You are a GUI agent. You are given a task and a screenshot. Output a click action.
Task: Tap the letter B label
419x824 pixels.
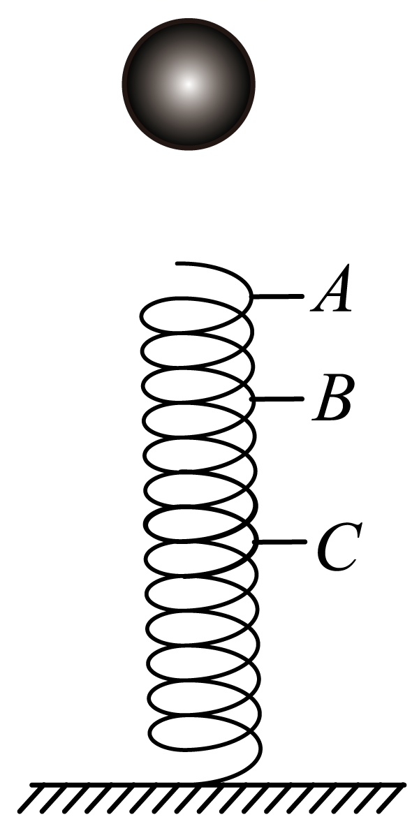click(332, 400)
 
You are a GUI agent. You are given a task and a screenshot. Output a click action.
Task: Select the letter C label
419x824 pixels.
click(337, 544)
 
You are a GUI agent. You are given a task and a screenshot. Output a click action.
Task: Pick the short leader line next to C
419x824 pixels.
click(283, 542)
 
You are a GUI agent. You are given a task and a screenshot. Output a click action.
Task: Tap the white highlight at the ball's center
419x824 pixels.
click(187, 83)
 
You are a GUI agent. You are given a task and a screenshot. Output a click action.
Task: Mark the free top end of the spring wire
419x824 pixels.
click(177, 263)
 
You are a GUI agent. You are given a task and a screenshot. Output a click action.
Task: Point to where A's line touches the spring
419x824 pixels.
click(253, 297)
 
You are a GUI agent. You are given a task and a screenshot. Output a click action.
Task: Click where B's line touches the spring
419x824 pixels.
click(253, 399)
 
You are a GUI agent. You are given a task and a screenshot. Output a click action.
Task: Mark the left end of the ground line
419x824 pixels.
click(31, 784)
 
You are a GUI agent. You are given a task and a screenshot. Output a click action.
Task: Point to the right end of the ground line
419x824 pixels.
click(404, 784)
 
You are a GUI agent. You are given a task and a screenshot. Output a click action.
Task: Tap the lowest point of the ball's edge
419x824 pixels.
click(188, 149)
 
